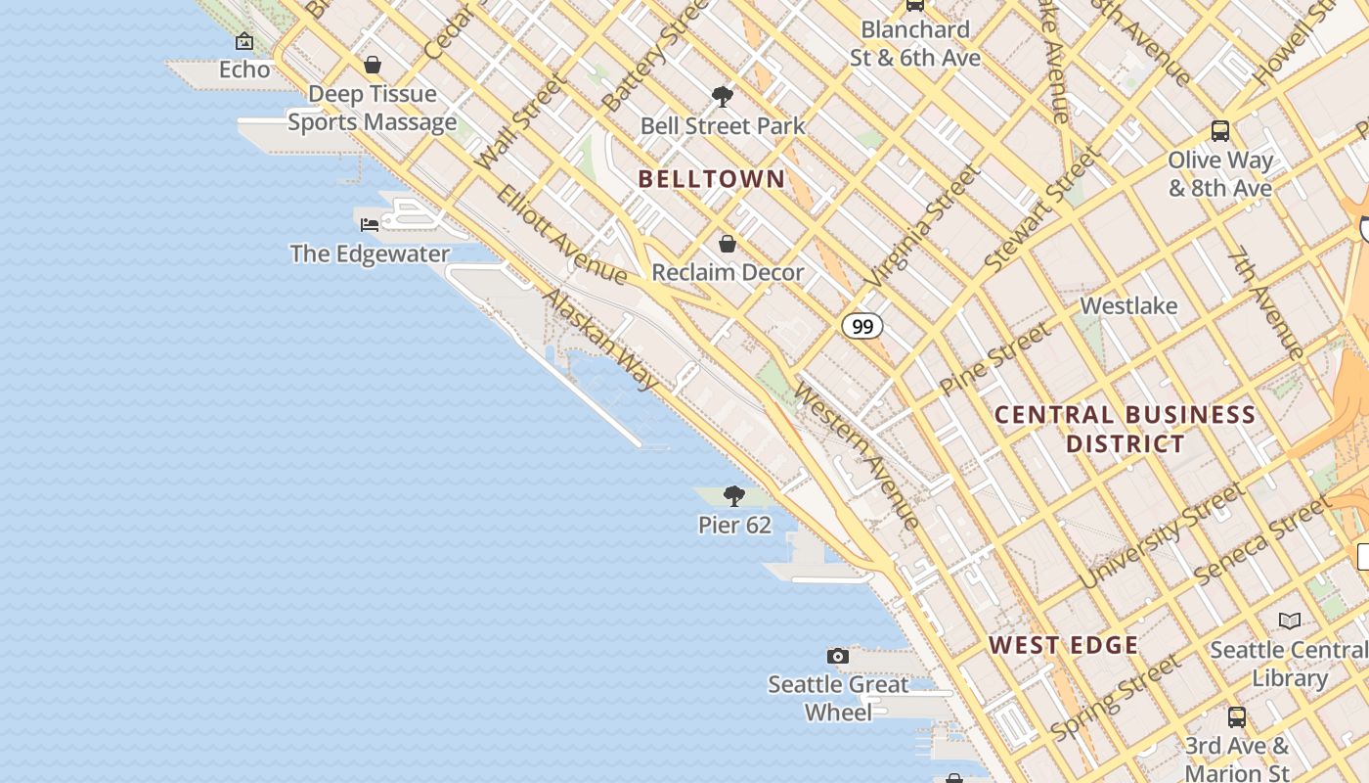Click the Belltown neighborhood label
tap(711, 179)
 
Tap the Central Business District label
tap(1125, 429)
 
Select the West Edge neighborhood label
tap(1063, 645)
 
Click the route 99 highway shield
tap(861, 326)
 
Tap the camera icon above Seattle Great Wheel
tap(837, 656)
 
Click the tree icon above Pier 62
tap(733, 496)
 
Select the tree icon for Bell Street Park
tap(723, 96)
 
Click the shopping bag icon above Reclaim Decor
tap(727, 244)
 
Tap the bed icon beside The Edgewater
tap(370, 224)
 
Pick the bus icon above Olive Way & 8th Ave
tap(1219, 130)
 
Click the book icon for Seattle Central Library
tap(1290, 621)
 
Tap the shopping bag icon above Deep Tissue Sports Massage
tap(372, 66)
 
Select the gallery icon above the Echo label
tap(244, 41)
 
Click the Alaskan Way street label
tap(600, 340)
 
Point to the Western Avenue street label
tap(857, 455)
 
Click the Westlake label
tap(1128, 306)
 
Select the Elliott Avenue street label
tap(560, 232)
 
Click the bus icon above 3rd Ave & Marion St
tap(1236, 716)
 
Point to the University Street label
tap(1160, 536)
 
